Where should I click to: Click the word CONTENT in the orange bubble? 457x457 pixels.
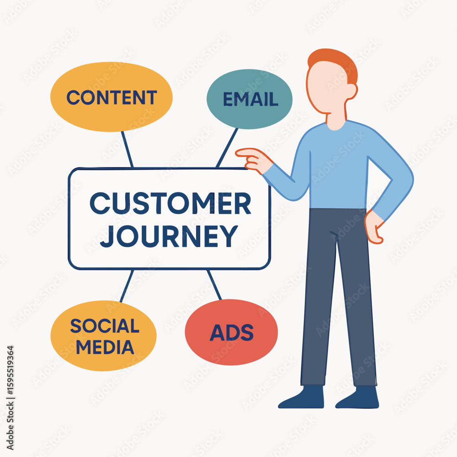[x=112, y=97]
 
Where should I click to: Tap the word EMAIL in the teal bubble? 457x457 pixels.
[x=250, y=99]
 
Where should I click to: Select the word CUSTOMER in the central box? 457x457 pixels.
[x=170, y=203]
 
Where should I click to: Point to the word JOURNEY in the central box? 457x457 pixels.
[x=169, y=236]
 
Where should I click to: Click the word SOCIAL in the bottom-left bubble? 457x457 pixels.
[x=105, y=326]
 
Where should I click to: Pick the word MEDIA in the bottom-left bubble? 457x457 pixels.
[x=105, y=347]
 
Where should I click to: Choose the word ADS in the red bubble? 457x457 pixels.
[x=232, y=333]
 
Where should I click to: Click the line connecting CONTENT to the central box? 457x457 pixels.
[x=128, y=149]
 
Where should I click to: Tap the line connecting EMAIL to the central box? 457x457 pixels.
[x=227, y=148]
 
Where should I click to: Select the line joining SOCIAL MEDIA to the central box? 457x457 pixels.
[x=127, y=286]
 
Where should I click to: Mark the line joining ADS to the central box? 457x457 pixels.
[x=214, y=285]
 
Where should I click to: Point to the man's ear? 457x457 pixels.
[x=352, y=91]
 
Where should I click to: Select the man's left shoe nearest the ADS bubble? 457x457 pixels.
[x=301, y=398]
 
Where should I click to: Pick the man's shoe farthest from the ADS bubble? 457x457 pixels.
[x=357, y=398]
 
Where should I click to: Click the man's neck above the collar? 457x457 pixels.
[x=336, y=118]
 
